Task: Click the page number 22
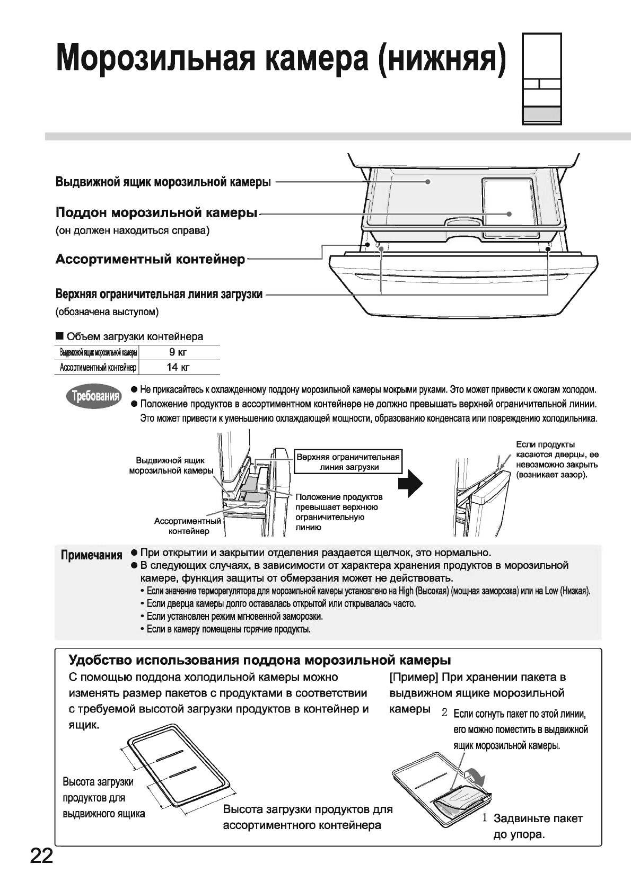coord(41,856)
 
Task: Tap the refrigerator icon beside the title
coord(541,79)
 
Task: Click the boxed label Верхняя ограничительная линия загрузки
coord(348,462)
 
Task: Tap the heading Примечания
coord(91,556)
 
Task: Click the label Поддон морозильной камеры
coord(156,213)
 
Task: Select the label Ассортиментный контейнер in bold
coord(151,260)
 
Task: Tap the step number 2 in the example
coord(445,713)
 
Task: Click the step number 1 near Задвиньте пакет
coord(485,817)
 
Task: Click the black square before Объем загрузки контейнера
coord(59,336)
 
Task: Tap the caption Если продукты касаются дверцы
coord(557,460)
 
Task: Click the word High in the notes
coord(406,591)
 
